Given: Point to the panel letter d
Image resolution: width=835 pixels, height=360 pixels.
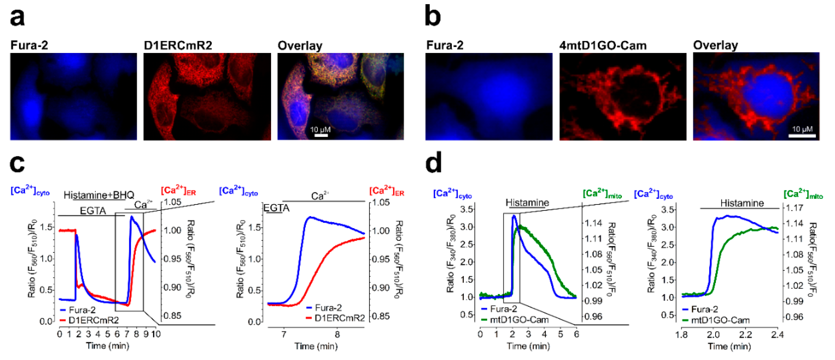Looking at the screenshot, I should pos(433,163).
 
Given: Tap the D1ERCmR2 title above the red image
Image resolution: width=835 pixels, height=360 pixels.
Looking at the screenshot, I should pos(178,45).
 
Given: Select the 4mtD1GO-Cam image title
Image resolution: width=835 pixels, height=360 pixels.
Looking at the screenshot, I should pos(603,45).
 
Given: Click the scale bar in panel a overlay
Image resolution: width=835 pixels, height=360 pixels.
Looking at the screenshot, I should pos(321,135).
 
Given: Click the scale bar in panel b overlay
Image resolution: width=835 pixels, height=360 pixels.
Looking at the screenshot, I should pos(802,135).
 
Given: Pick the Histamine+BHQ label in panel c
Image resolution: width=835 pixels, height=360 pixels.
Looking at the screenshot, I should pos(99,195).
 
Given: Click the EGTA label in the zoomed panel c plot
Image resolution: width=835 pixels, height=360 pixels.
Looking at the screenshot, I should pos(276,208).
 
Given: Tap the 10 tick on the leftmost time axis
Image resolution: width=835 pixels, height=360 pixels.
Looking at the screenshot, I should pos(156,334).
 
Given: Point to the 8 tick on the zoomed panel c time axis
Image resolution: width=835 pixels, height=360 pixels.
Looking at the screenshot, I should pos(337,334).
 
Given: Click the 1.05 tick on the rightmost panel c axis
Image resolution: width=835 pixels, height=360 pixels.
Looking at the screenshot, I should pos(381,203).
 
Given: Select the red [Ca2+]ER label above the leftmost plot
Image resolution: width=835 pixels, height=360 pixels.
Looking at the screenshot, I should pos(178,191).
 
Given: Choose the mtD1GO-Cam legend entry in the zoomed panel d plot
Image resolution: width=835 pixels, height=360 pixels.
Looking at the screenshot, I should pos(720,320).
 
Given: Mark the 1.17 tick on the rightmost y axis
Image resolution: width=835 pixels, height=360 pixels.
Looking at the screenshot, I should pos(794,208).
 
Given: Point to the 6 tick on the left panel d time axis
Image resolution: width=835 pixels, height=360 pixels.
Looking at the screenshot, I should pos(576,334).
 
